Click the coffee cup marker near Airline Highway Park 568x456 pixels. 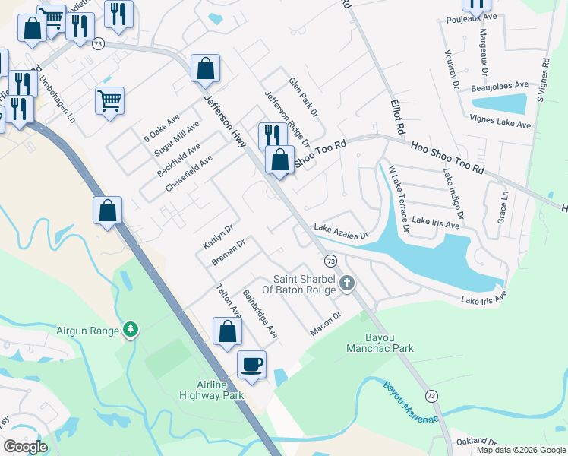(252, 364)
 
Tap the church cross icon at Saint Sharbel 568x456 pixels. (347, 284)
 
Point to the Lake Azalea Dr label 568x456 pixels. (340, 231)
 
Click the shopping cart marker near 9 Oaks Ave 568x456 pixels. (110, 100)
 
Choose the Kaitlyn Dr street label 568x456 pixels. (217, 236)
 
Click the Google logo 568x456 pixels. (25, 447)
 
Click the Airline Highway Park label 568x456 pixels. (211, 390)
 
